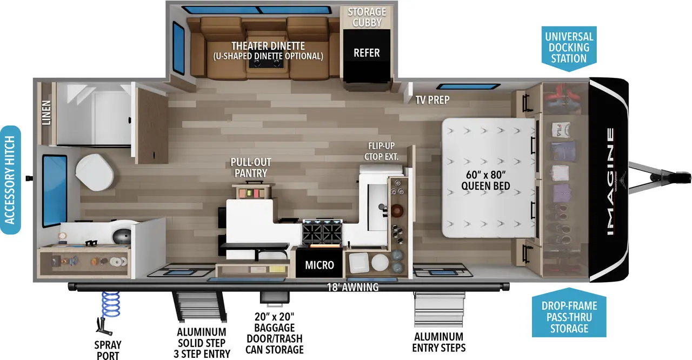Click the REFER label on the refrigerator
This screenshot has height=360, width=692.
[x=367, y=53]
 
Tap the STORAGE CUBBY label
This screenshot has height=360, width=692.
[x=367, y=17]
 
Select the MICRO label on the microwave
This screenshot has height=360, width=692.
[x=320, y=265]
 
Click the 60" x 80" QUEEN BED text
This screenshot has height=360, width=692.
[x=485, y=181]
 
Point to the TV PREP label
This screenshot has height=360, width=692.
[x=432, y=99]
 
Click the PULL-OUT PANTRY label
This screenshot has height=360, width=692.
[x=250, y=168]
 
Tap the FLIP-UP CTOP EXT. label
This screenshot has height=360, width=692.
[x=383, y=151]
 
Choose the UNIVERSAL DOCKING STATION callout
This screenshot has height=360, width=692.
[x=569, y=47]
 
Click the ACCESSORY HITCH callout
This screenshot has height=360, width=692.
[x=10, y=180]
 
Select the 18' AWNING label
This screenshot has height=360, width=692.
[x=352, y=287]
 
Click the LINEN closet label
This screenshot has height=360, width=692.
[x=46, y=113]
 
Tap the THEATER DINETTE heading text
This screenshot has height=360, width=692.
[x=268, y=46]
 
